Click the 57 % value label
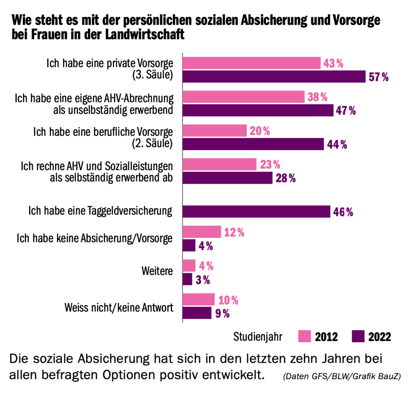378,77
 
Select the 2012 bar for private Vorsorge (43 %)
251,63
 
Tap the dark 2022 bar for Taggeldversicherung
256,211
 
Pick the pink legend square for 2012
304,336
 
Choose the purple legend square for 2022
358,336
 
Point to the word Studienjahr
257,337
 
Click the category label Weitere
157,271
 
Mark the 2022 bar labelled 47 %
258,111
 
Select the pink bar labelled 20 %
214,131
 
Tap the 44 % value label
337,144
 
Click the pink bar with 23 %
219,164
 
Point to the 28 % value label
286,178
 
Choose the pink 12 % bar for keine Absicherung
201,232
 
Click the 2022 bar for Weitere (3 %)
187,279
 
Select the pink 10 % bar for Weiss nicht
198,299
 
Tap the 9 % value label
222,313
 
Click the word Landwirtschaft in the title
145,35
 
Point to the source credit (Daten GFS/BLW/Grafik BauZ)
341,376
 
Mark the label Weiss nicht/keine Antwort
119,308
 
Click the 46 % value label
343,212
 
